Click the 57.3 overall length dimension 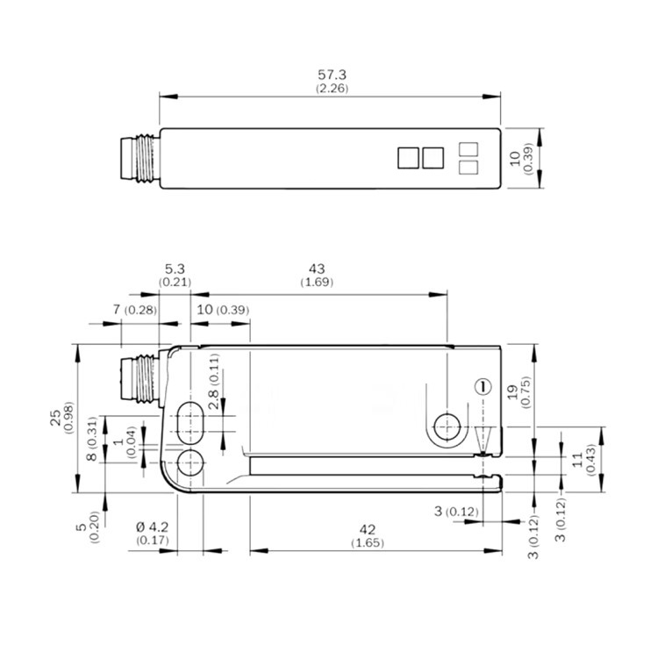point(332,75)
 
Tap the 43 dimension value point(317,269)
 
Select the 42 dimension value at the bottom point(368,529)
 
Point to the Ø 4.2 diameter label point(152,527)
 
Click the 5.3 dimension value point(175,269)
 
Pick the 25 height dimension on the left point(56,419)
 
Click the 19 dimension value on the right point(513,392)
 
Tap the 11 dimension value point(578,460)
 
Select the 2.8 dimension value point(213,399)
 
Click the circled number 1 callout point(483,386)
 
